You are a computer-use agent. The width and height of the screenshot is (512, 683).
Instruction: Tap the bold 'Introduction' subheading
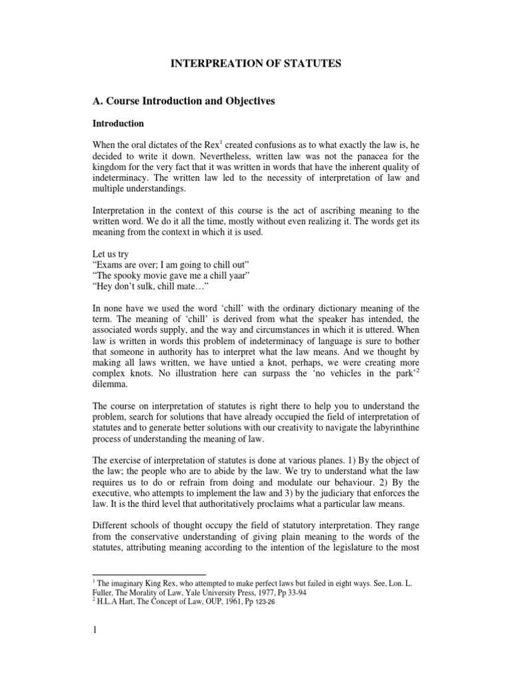(x=117, y=124)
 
